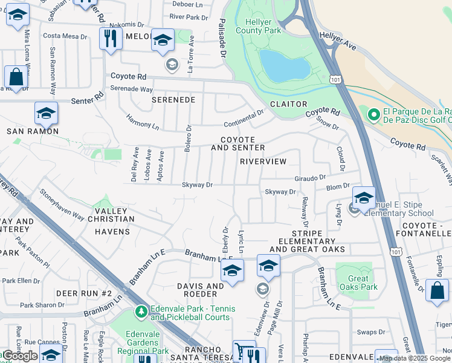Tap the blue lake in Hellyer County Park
tap(285, 66)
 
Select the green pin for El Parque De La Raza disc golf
tap(373, 114)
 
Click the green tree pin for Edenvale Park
tap(141, 312)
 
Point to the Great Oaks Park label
tap(358, 283)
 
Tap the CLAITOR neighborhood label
tap(289, 104)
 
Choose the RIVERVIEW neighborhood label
tap(262, 162)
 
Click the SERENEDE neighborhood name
tap(173, 99)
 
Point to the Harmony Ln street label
tap(143, 122)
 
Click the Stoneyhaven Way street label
tap(62, 205)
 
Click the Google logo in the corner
tap(21, 355)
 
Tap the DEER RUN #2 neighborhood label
tap(84, 293)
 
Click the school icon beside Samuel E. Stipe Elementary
tap(364, 198)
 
